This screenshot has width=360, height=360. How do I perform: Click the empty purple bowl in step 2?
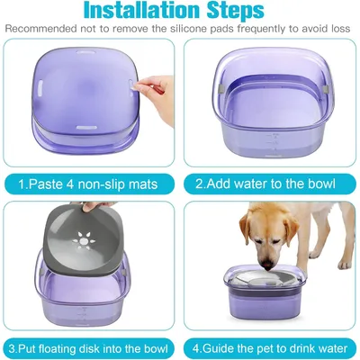(x=270, y=108)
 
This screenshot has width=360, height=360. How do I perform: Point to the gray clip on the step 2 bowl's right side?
(x=320, y=91)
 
